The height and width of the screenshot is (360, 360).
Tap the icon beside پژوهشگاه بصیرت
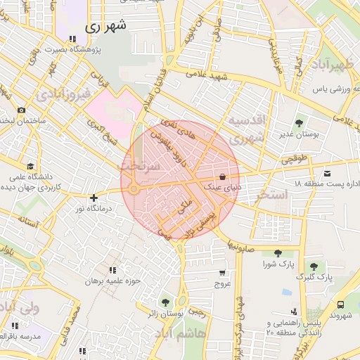72,39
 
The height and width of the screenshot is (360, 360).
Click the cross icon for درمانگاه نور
94,198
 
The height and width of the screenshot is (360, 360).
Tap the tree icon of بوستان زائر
165,302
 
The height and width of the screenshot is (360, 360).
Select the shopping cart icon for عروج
223,273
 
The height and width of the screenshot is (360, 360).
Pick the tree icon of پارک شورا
278,253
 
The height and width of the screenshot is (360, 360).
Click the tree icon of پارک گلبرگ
313,266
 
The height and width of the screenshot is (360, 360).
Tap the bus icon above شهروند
340,304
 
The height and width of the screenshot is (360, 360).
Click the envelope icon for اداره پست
327,173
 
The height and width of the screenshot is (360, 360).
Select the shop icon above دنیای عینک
223,177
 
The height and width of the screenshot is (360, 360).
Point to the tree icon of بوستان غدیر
301,122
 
